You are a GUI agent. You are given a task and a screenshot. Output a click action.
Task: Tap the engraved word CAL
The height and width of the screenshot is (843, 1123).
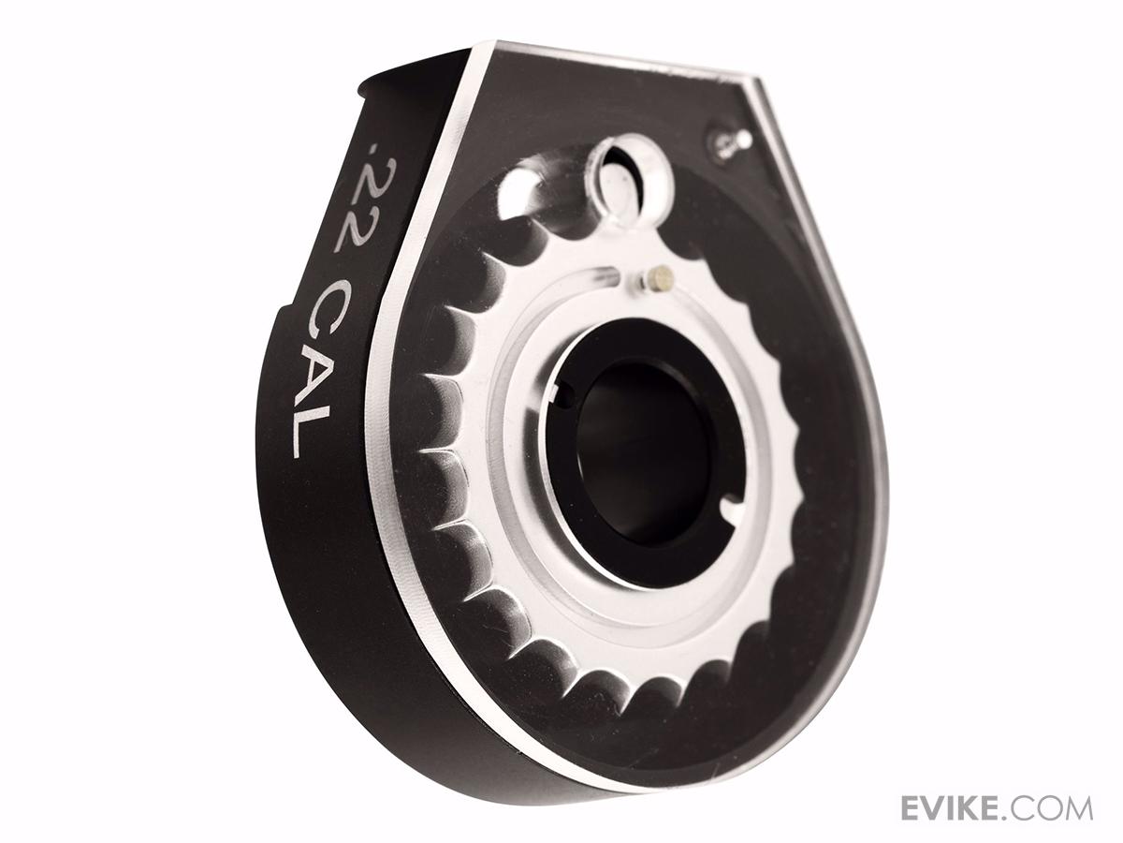point(324,367)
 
